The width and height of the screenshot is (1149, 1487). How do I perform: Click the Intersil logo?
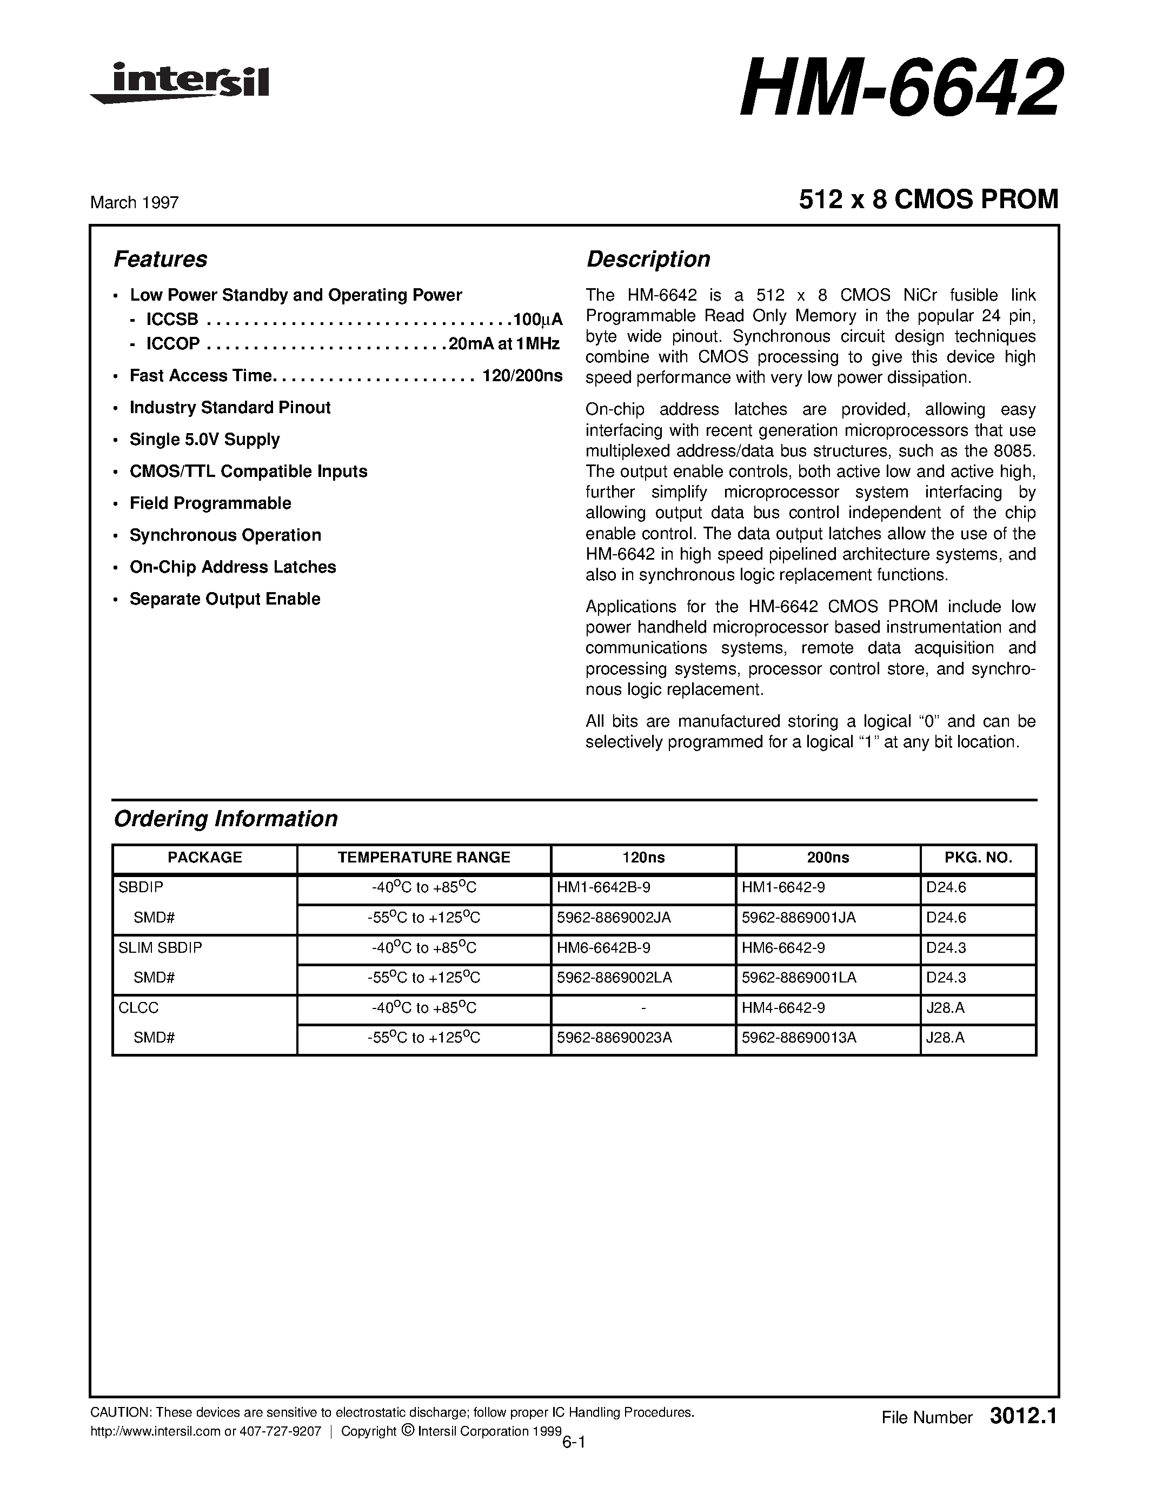coord(181,83)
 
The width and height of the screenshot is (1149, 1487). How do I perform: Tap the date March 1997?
coord(134,203)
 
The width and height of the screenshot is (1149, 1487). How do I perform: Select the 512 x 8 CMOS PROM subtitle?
coord(928,200)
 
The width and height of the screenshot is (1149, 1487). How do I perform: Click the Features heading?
coord(160,260)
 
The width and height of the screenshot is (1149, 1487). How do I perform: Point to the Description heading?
coord(648,260)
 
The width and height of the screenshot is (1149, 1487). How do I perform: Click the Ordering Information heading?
coord(225,819)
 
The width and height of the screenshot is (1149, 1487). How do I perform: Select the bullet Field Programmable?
coord(210,503)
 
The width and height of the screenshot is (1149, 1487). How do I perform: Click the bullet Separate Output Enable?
coord(224,599)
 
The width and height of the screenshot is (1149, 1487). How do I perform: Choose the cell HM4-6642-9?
coord(783,1008)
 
